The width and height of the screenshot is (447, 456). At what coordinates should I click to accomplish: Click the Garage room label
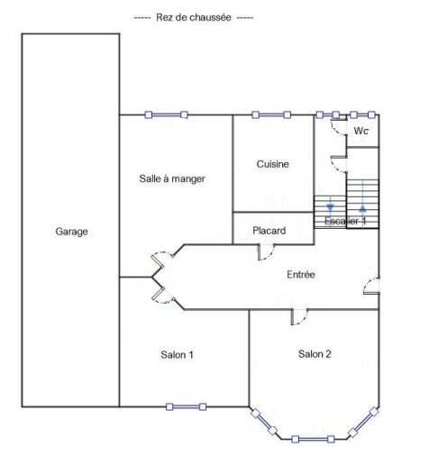71,232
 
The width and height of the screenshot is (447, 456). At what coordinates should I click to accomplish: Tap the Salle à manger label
172,178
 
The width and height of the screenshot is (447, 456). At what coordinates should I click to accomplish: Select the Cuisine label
273,164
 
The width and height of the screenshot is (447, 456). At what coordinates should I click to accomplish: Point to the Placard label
269,231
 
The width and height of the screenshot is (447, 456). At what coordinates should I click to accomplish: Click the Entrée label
301,274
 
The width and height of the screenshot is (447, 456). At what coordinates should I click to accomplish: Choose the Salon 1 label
177,355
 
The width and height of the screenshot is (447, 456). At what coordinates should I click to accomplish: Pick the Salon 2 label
315,354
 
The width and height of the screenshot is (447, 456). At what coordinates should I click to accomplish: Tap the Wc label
361,131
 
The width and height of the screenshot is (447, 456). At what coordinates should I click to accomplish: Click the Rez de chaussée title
194,17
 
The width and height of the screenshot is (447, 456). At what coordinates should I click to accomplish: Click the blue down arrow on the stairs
330,207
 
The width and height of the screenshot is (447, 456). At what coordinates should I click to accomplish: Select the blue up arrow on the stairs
363,207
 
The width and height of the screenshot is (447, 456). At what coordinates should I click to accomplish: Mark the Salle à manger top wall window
167,114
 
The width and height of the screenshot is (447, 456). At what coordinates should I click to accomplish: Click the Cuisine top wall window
271,114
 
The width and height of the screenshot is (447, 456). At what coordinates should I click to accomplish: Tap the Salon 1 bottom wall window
187,406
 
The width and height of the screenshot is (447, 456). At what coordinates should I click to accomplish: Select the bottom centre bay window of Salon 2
313,439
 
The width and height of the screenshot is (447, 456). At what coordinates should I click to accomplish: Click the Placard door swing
267,252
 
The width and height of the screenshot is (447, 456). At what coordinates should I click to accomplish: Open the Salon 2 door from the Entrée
300,317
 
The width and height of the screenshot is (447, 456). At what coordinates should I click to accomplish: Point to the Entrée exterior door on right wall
371,286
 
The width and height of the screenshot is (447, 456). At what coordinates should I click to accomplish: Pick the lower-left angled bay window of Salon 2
264,422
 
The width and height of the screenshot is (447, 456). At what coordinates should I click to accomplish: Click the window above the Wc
362,114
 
